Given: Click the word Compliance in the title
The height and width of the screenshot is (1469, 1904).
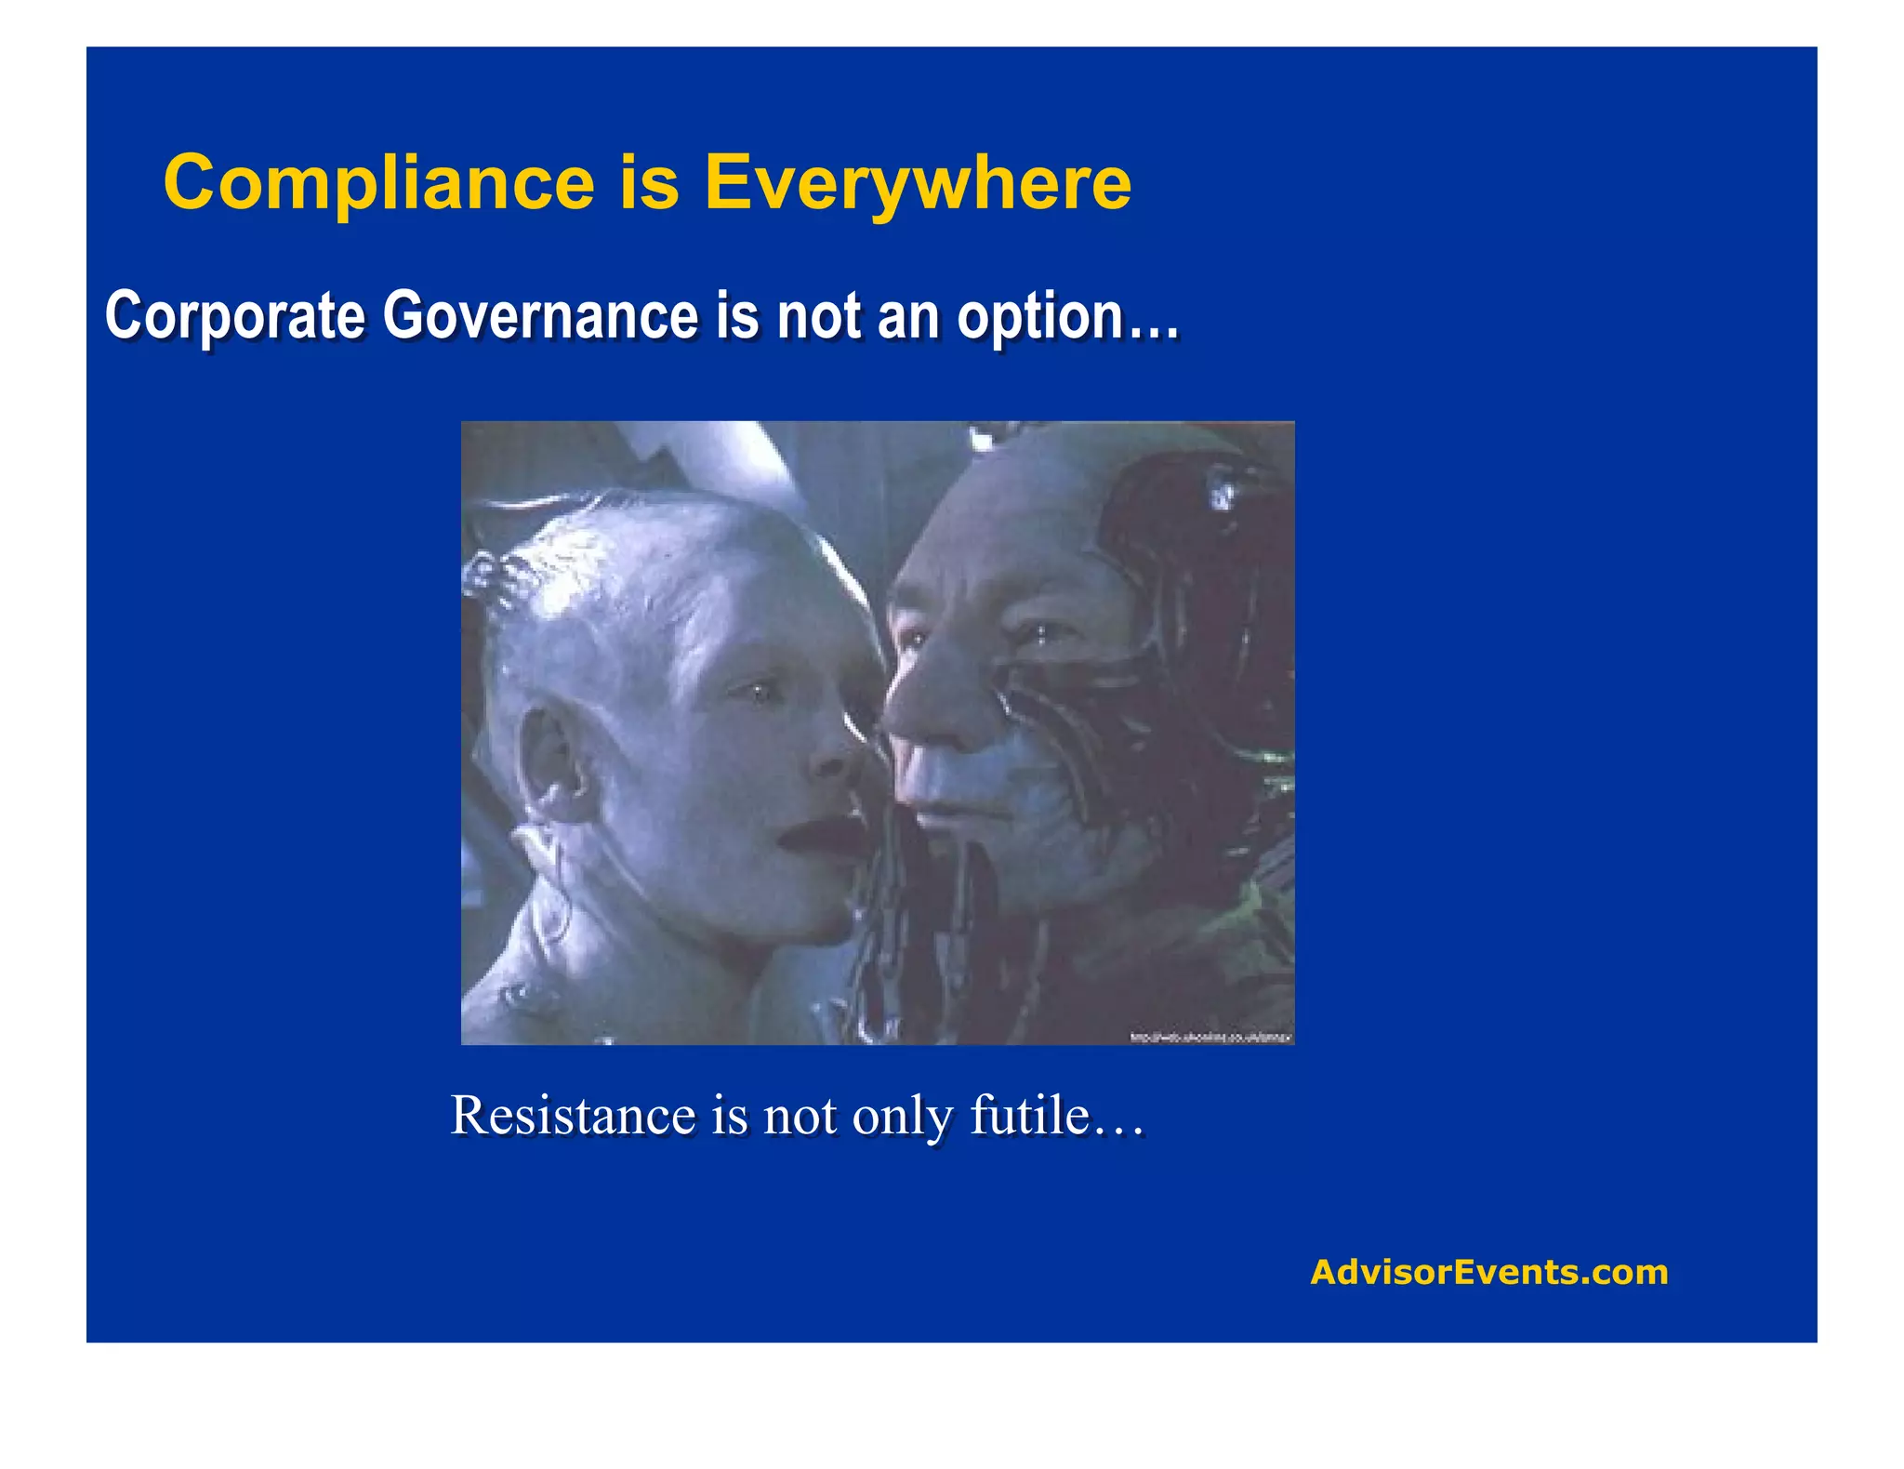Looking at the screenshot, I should point(378,182).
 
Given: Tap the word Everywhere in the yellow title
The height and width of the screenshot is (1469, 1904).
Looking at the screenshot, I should point(918,182).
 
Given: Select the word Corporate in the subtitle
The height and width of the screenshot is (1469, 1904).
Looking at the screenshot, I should point(235,317).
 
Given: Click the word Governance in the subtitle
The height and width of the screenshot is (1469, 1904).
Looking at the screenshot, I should point(540,317).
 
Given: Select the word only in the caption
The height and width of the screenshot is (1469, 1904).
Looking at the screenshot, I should point(903,1117).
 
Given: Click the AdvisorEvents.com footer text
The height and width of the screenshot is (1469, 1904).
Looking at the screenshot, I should point(1488,1272).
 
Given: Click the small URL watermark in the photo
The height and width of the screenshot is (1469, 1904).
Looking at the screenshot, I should point(1210,1037).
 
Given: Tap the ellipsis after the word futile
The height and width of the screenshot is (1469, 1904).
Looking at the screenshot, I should point(1118,1125).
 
